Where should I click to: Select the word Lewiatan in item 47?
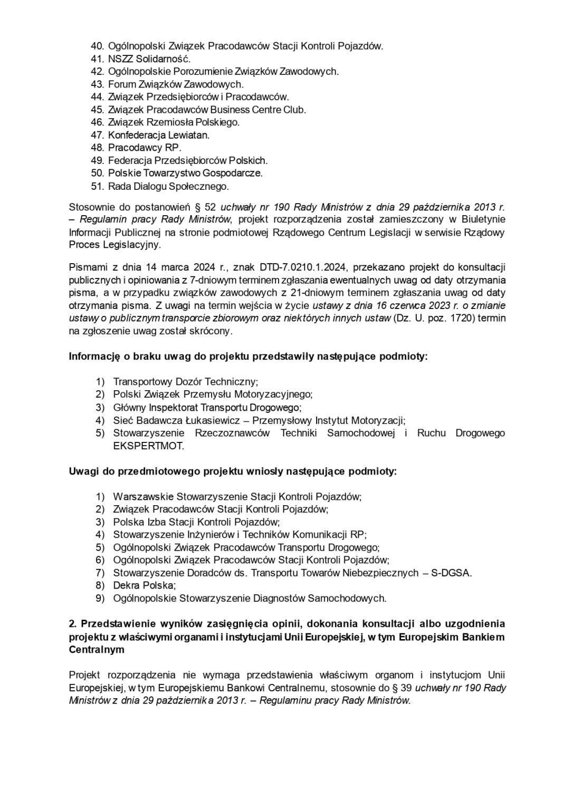188,135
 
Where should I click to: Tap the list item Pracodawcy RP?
145,148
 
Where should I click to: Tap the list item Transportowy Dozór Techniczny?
185,382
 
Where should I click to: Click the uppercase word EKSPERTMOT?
149,446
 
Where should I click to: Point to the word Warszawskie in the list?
143,497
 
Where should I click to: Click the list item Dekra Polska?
144,585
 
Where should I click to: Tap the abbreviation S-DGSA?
451,573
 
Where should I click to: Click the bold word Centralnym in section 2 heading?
97,650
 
